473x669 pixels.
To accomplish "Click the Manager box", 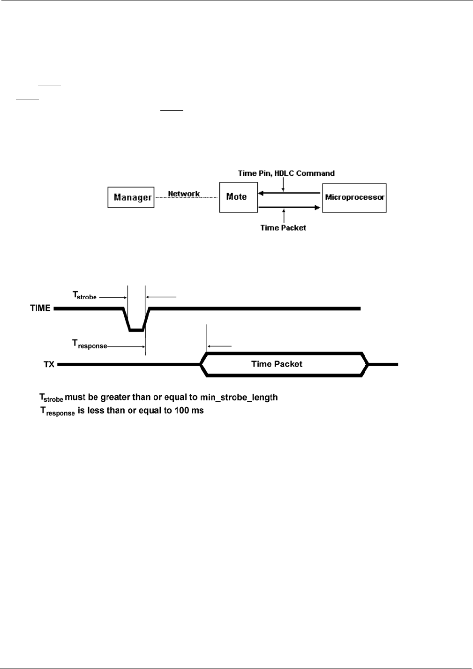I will click(x=131, y=197).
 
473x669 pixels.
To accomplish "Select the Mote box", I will click(x=238, y=197).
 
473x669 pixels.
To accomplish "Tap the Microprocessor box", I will click(x=354, y=197).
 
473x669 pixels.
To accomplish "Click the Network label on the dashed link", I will click(x=184, y=194).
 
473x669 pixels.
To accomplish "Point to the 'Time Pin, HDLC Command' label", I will click(x=286, y=173).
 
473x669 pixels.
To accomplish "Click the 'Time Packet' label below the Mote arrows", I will click(x=283, y=228).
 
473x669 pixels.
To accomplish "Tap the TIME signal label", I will click(x=40, y=308).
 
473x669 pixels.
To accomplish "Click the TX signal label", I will click(x=49, y=364).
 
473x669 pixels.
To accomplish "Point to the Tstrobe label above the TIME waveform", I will click(x=84, y=295).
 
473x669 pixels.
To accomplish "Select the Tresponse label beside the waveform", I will click(x=89, y=345).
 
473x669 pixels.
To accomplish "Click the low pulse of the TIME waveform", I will click(x=136, y=330).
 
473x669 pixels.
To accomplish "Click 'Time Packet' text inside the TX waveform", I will click(x=277, y=364).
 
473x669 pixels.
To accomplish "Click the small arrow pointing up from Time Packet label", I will click(x=283, y=217).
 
